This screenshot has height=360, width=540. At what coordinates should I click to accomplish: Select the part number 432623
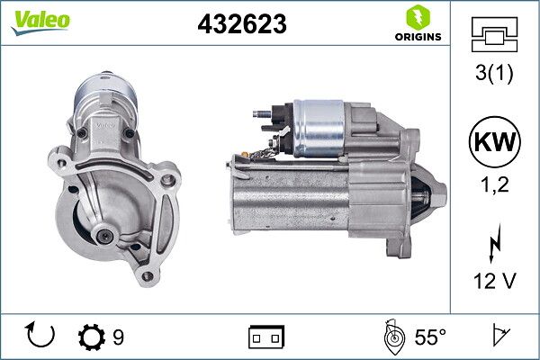point(241,25)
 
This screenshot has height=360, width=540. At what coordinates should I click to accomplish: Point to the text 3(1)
point(494,75)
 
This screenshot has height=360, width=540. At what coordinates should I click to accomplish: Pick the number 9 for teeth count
point(119,337)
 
